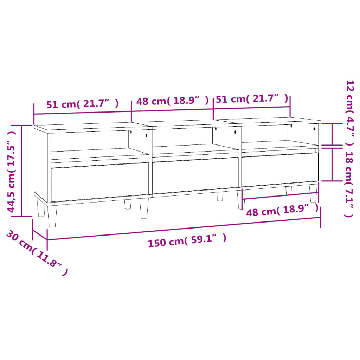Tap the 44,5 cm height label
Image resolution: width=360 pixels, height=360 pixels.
[12, 172]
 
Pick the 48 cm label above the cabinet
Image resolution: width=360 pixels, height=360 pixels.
[172, 101]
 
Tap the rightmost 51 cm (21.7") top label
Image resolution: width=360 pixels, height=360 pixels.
[252, 99]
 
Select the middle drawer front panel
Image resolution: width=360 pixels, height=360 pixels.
[195, 175]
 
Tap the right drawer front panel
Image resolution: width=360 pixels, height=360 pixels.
[280, 169]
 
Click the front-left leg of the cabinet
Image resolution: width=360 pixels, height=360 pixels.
[52, 216]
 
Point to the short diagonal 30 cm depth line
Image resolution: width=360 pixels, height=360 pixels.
[40, 235]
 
